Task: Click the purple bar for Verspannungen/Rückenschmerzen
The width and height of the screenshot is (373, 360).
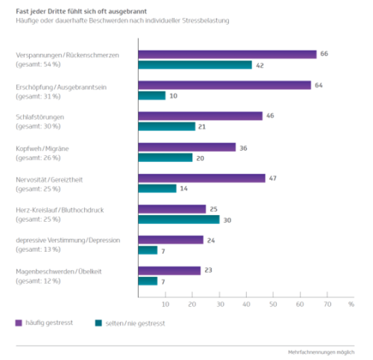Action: (x=228, y=55)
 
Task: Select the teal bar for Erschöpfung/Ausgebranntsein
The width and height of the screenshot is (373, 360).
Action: (x=152, y=96)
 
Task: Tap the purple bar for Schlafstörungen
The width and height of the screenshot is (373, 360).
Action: (x=201, y=116)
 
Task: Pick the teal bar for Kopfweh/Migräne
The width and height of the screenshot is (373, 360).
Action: (x=166, y=158)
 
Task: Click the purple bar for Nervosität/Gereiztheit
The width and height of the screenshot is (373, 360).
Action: (x=202, y=179)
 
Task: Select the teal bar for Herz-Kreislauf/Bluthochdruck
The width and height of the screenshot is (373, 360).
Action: (x=179, y=220)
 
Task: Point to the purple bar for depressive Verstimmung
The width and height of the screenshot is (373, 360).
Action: (x=171, y=240)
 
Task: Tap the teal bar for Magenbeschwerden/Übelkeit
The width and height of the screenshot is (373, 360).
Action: (x=148, y=281)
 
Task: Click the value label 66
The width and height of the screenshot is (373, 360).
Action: (x=324, y=54)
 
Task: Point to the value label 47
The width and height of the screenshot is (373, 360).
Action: (x=272, y=179)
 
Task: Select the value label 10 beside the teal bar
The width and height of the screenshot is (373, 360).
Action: (x=173, y=96)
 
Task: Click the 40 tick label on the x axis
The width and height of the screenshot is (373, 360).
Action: (x=246, y=304)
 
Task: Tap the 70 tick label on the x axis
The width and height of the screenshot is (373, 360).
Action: (x=327, y=304)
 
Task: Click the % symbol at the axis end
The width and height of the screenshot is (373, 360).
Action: (x=351, y=304)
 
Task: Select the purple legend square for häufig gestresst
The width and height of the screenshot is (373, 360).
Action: (x=19, y=323)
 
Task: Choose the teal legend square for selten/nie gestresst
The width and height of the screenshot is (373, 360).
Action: (x=98, y=323)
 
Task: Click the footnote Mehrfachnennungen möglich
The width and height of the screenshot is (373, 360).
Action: (x=322, y=353)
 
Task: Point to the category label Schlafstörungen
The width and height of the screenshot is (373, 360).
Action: (x=40, y=117)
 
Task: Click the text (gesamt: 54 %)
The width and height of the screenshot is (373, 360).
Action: (x=38, y=64)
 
